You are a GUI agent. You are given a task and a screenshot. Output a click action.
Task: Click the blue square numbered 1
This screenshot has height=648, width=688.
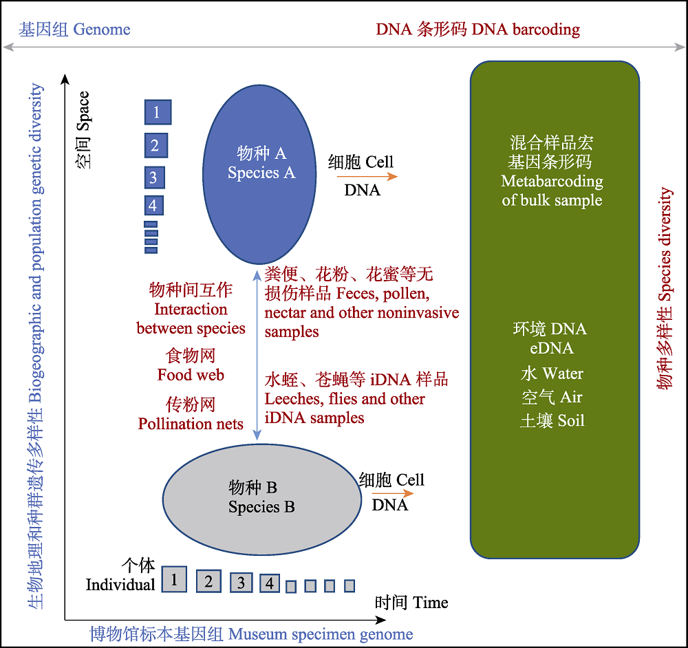point(158,112)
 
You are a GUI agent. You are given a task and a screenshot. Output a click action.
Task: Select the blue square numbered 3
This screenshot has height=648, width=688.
point(155,177)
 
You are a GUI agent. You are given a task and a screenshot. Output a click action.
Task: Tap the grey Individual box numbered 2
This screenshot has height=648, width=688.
point(208,581)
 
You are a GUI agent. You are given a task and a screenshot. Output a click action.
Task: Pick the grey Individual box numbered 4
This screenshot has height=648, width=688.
point(270,583)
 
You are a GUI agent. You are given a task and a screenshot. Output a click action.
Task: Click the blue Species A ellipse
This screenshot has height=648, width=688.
point(259,174)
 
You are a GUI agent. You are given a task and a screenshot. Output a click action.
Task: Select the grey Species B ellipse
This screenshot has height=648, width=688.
point(262,499)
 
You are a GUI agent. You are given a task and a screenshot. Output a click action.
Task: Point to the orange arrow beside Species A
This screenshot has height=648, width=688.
point(367,176)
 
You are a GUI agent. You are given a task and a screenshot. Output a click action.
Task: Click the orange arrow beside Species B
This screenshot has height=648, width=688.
point(393,493)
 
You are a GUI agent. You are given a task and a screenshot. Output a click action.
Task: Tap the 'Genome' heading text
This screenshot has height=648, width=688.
point(102,30)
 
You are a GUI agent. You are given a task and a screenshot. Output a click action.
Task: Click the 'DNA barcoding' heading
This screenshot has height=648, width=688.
point(526,30)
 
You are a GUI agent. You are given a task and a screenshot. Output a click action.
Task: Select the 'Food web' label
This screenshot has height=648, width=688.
point(191,375)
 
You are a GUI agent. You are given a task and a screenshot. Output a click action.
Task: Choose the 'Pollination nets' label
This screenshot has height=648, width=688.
point(191,424)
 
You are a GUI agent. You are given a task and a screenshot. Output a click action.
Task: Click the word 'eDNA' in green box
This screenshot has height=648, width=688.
point(552,348)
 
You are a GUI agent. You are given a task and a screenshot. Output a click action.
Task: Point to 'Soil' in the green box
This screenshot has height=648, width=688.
point(571,421)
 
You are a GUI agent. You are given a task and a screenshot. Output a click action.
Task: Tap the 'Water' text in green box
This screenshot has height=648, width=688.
point(563,374)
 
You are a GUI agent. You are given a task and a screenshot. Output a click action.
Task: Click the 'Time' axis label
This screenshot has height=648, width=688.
point(430,603)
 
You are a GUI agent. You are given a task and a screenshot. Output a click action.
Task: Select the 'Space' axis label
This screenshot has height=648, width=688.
point(83,111)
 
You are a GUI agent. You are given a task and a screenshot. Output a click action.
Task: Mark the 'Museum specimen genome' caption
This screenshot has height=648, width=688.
point(321,634)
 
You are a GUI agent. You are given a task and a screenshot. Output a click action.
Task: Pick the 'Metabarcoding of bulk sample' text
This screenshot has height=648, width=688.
point(552,191)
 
